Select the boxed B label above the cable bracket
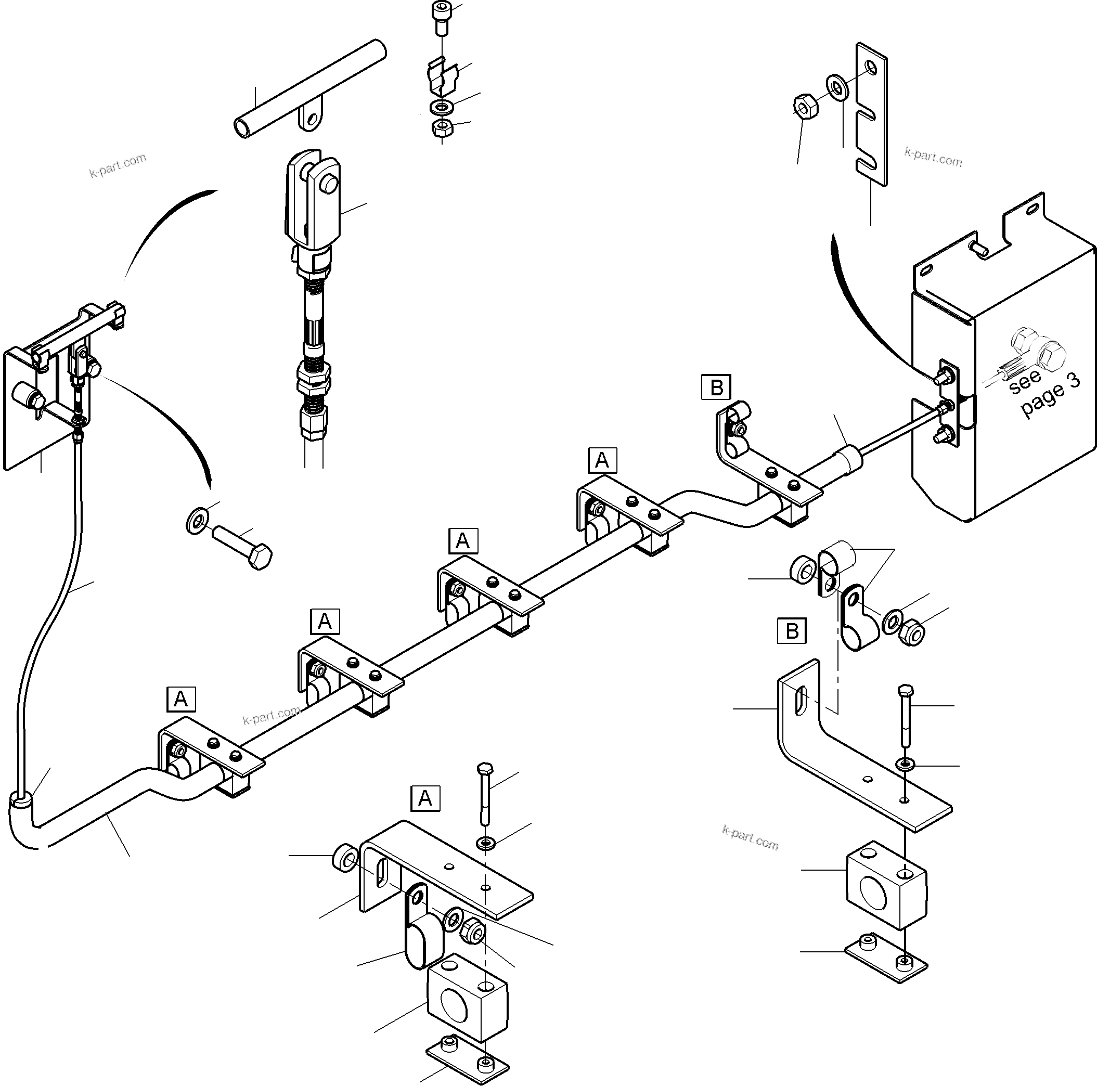click(716, 387)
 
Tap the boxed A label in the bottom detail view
click(425, 799)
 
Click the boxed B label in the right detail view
click(792, 631)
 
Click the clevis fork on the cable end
click(312, 199)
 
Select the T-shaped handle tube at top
click(309, 88)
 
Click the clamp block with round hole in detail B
click(885, 886)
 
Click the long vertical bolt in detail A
click(485, 795)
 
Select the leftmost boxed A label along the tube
click(180, 699)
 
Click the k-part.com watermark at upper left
click(118, 165)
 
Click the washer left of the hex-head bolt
click(197, 520)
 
